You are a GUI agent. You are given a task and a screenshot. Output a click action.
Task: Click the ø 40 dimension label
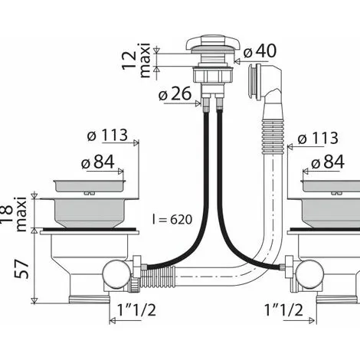(260, 51)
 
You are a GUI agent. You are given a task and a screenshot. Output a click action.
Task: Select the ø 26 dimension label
(175, 93)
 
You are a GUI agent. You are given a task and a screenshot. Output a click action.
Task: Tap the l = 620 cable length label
(172, 219)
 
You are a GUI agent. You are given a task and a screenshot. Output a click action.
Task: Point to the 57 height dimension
(21, 270)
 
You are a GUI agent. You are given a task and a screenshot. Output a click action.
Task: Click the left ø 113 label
(107, 135)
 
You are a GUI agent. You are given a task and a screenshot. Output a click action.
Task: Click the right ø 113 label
(318, 139)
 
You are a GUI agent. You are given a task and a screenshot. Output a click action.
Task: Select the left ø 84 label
(98, 162)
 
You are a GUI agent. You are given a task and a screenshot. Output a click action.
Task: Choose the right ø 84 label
(328, 162)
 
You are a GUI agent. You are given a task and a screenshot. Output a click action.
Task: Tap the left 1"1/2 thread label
(136, 310)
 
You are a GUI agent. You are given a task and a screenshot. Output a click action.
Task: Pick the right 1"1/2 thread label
(283, 310)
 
